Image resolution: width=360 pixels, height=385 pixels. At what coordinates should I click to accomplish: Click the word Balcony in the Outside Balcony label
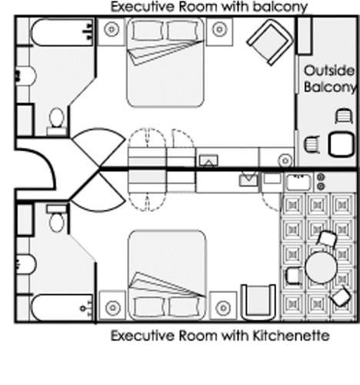pyautogui.click(x=330, y=87)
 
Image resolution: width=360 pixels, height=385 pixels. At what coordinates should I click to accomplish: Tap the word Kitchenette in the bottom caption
pyautogui.click(x=291, y=336)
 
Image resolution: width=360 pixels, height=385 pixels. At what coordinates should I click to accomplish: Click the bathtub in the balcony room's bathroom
pyautogui.click(x=62, y=32)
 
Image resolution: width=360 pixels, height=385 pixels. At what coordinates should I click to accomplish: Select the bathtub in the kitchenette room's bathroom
pyautogui.click(x=62, y=307)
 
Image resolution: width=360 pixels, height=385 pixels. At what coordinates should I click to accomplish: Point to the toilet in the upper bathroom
pyautogui.click(x=57, y=122)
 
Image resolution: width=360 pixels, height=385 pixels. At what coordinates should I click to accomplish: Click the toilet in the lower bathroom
pyautogui.click(x=57, y=218)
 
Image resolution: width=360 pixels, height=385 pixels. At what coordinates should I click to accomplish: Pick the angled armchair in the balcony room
pyautogui.click(x=270, y=42)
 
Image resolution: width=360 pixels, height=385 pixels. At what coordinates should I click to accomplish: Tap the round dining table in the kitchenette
pyautogui.click(x=321, y=267)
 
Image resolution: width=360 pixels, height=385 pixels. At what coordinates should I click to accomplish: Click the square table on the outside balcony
pyautogui.click(x=342, y=144)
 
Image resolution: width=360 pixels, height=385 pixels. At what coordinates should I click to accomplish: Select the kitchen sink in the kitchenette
pyautogui.click(x=298, y=182)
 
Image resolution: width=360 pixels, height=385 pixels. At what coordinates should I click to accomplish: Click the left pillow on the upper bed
pyautogui.click(x=148, y=31)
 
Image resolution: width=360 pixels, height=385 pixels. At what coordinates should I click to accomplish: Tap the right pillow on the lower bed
pyautogui.click(x=184, y=307)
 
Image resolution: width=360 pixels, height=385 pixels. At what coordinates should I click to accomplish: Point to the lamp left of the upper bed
pyautogui.click(x=112, y=29)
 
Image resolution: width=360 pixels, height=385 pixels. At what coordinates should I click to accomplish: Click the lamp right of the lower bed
pyautogui.click(x=223, y=307)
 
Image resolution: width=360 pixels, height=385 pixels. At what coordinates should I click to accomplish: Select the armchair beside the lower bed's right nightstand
pyautogui.click(x=258, y=302)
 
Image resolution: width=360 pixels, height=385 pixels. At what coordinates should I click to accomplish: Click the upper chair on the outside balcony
pyautogui.click(x=344, y=116)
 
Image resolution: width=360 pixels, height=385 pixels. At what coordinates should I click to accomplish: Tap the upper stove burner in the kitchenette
pyautogui.click(x=321, y=177)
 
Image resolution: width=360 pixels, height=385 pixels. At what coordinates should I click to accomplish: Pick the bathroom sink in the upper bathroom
pyautogui.click(x=25, y=76)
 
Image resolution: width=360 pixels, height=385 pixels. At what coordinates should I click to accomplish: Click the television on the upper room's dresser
pyautogui.click(x=208, y=161)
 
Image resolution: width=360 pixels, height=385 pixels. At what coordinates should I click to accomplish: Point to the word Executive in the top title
pyautogui.click(x=142, y=6)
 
